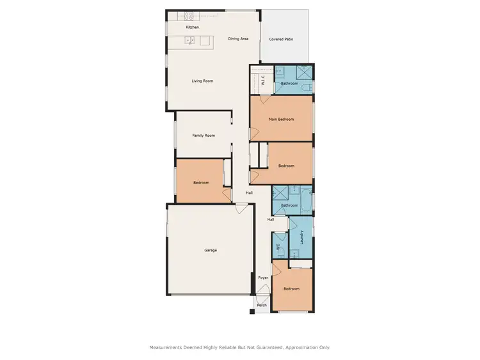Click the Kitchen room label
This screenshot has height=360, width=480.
(x=192, y=27)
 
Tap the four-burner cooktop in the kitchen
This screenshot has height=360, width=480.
(x=189, y=15)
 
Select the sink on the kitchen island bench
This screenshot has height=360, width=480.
(x=190, y=41)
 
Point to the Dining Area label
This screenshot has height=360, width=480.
(x=238, y=39)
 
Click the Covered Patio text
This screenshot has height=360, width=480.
(x=281, y=39)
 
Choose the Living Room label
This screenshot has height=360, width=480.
(x=202, y=81)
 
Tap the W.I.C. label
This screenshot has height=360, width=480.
(x=263, y=81)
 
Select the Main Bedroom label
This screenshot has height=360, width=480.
(x=281, y=119)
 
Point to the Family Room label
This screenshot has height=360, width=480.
(x=204, y=135)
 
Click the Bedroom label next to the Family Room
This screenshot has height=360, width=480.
(x=201, y=183)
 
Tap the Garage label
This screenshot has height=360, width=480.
(x=210, y=250)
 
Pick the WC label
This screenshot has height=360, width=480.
(x=278, y=246)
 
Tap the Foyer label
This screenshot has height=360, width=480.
(x=263, y=278)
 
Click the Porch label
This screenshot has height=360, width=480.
(x=261, y=305)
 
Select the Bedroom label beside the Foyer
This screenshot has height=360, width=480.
(x=291, y=289)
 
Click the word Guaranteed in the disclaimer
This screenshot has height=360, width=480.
(x=268, y=347)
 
